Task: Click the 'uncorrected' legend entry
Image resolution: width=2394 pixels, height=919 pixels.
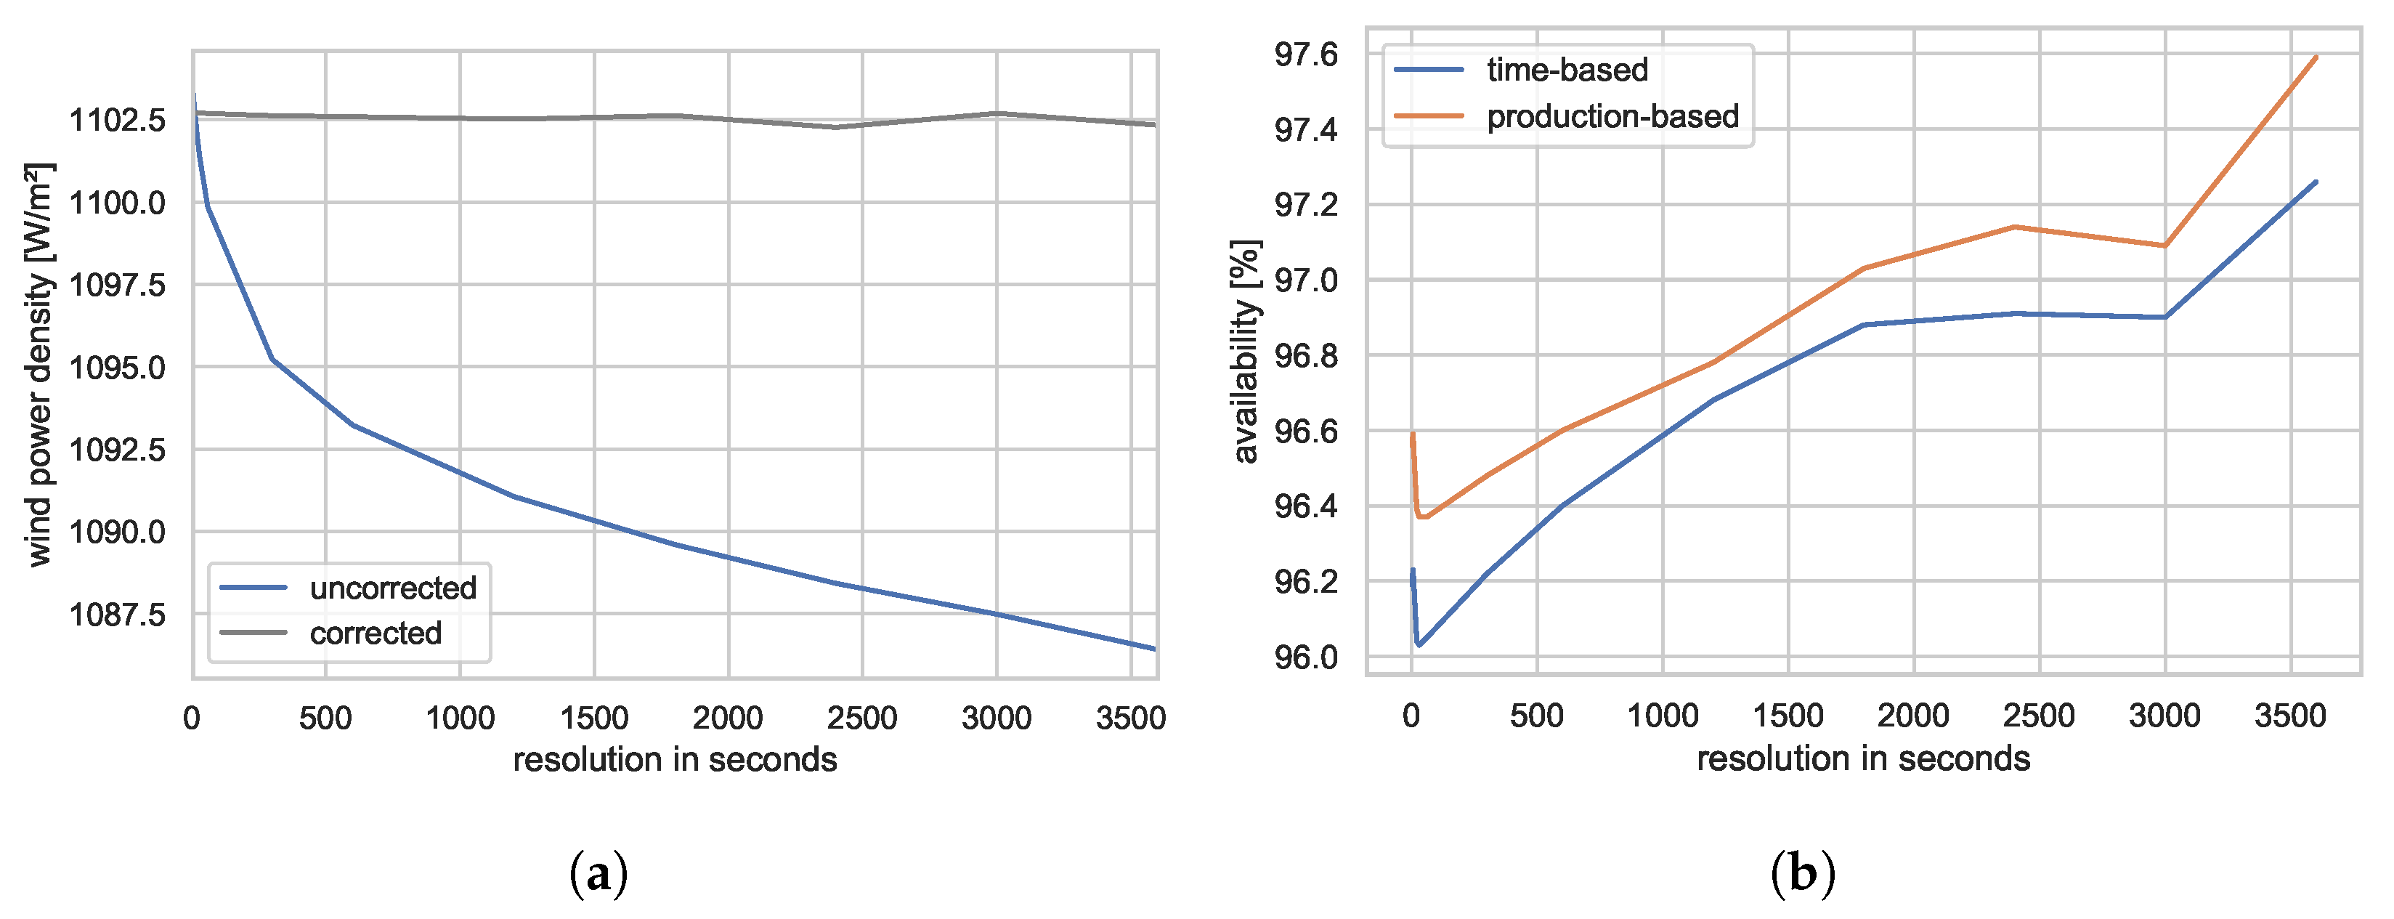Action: pyautogui.click(x=392, y=588)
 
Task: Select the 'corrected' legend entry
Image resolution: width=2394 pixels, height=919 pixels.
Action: pyautogui.click(x=376, y=633)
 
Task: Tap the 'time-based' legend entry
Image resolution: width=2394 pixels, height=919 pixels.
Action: pyautogui.click(x=1567, y=70)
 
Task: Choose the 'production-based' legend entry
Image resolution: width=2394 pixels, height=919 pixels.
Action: pyautogui.click(x=1612, y=116)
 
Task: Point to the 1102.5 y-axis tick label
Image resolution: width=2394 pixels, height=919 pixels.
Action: pyautogui.click(x=118, y=120)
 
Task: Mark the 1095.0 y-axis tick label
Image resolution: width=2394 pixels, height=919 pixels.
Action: pyautogui.click(x=118, y=368)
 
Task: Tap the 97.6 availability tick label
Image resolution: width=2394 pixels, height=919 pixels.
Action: pyautogui.click(x=1306, y=54)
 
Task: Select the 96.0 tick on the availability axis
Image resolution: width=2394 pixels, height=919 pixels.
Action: pyautogui.click(x=1306, y=657)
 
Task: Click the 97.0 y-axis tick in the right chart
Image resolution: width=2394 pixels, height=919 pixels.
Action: pyautogui.click(x=1306, y=280)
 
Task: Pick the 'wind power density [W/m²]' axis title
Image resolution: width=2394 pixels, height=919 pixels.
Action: pyautogui.click(x=39, y=364)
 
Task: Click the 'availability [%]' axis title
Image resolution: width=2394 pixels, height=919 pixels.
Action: pyautogui.click(x=1246, y=351)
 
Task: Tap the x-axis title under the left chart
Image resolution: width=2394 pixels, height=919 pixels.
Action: pyautogui.click(x=675, y=760)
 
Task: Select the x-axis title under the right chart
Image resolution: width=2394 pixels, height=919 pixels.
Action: pyautogui.click(x=1863, y=759)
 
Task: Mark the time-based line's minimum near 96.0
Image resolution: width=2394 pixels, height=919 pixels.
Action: pyautogui.click(x=1419, y=644)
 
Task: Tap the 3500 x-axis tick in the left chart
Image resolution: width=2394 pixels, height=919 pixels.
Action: pyautogui.click(x=1130, y=718)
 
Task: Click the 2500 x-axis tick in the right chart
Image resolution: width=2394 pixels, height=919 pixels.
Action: pyautogui.click(x=2039, y=716)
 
